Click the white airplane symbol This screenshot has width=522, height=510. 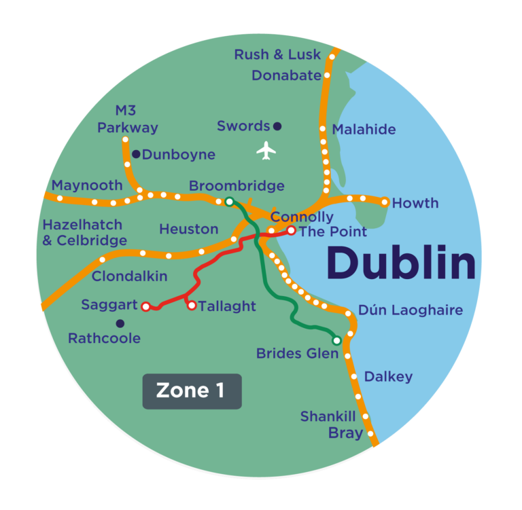point(266,150)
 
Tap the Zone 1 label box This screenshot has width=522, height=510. point(192,391)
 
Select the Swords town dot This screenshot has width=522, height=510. point(277,126)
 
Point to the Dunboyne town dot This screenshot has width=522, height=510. point(136,154)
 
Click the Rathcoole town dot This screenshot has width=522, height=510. point(120,323)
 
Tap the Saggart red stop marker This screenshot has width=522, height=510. point(145,307)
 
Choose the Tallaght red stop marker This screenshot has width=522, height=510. point(192,306)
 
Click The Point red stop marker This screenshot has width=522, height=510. point(291,231)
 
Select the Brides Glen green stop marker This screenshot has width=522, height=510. point(336,340)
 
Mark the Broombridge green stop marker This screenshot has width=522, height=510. point(229,201)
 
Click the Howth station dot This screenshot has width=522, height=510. point(385,202)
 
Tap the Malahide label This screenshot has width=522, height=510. point(364,130)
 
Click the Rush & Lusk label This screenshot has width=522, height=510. point(277,54)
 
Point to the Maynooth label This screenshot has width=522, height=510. point(87,185)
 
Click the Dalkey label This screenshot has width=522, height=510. point(388,376)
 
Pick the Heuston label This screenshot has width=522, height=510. point(188,230)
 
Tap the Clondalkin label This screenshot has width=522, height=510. point(129,276)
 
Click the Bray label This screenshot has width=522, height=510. point(345,433)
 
